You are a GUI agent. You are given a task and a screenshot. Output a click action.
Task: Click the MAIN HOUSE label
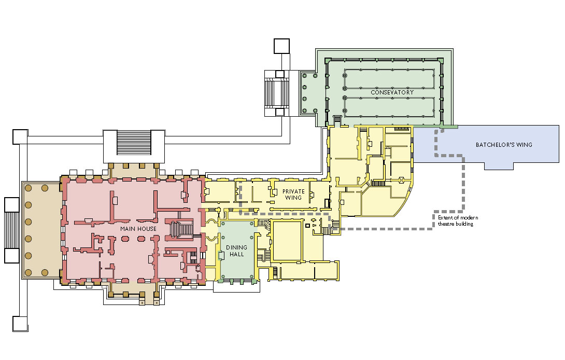[138, 229]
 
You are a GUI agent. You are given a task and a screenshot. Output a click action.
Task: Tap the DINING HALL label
[237, 251]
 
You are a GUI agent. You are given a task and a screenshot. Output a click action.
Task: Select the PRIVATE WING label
[293, 195]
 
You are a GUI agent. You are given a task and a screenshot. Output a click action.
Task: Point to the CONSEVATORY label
[392, 92]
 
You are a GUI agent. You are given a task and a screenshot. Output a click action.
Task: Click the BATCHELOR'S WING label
[504, 145]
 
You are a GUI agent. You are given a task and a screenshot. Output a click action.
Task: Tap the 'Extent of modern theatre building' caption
[458, 221]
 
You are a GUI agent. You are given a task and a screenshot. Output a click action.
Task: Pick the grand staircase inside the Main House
[181, 230]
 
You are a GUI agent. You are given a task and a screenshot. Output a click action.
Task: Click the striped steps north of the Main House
[134, 143]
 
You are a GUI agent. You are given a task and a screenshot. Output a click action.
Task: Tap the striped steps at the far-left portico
[11, 230]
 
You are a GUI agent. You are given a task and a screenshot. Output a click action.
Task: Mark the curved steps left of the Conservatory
[276, 93]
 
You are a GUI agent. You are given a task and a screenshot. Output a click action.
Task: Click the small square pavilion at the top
[281, 46]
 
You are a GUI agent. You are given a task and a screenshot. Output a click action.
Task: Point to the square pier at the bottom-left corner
[20, 324]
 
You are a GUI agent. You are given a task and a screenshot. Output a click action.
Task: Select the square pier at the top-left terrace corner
[20, 137]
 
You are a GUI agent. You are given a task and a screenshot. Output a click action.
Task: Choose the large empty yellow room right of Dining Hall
[287, 241]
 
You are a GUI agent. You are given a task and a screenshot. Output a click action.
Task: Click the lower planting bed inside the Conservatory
[389, 107]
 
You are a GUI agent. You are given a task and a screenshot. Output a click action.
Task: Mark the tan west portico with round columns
[41, 230]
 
